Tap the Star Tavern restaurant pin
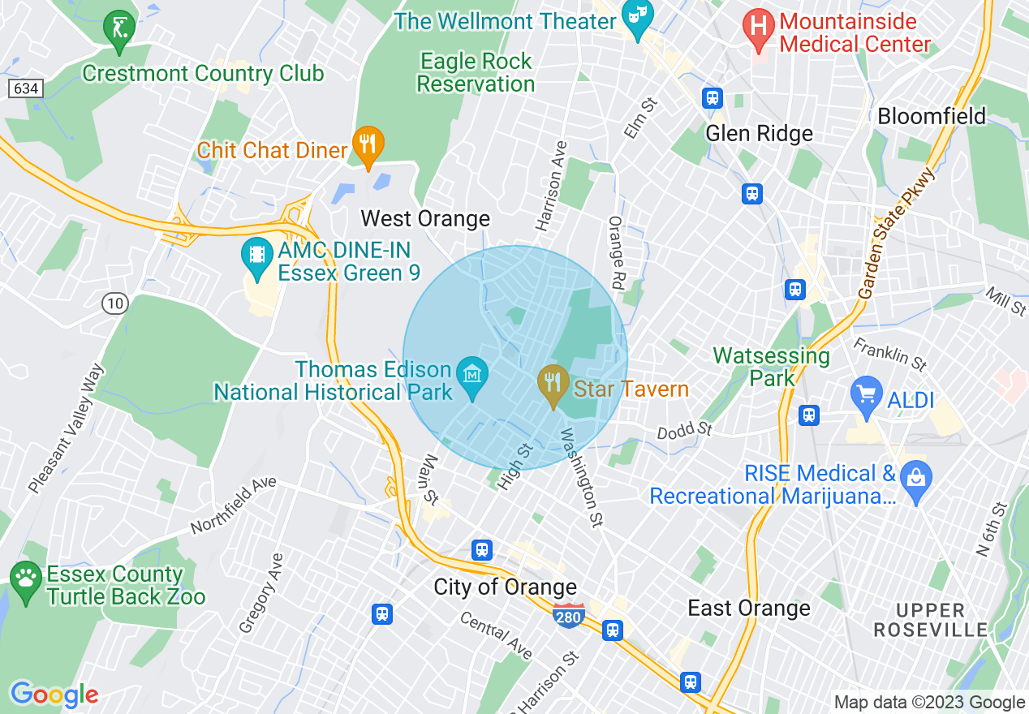553,383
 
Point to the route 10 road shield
115,303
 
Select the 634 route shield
25,88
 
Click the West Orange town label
425,218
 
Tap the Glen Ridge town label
759,134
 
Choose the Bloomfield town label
932,116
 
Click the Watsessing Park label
771,367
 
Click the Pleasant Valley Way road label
67,429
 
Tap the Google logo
54,694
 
